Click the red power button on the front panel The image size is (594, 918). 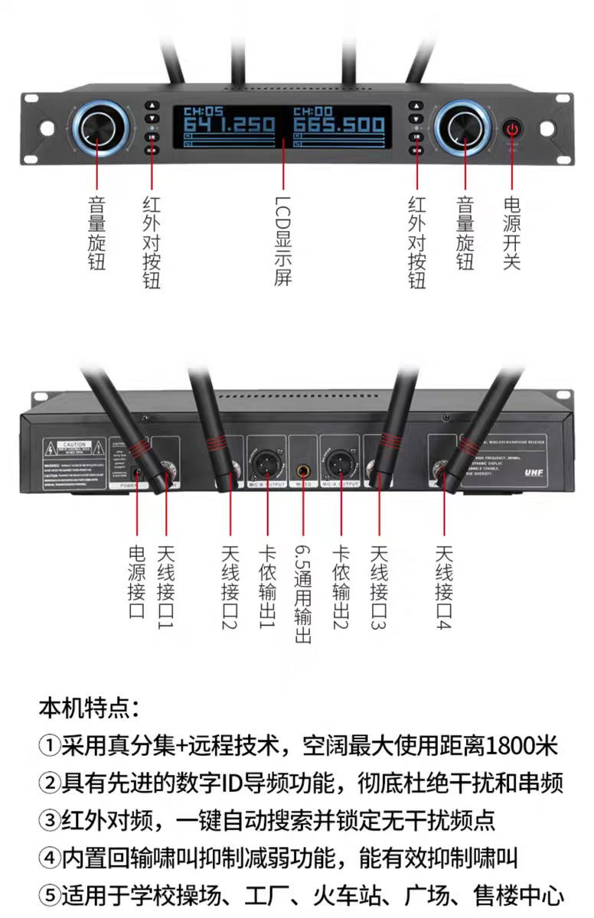pos(511,128)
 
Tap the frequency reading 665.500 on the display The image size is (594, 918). pos(338,125)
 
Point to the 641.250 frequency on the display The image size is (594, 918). pos(228,125)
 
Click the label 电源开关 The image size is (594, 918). pos(511,233)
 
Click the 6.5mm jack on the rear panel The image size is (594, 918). pos(303,467)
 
